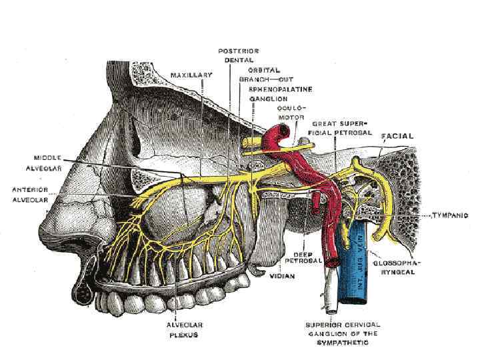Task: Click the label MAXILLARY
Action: point(191,75)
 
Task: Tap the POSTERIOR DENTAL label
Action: point(242,55)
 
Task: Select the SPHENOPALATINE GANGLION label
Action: point(280,93)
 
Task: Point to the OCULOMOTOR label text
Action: point(287,112)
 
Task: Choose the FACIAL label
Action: point(397,136)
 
